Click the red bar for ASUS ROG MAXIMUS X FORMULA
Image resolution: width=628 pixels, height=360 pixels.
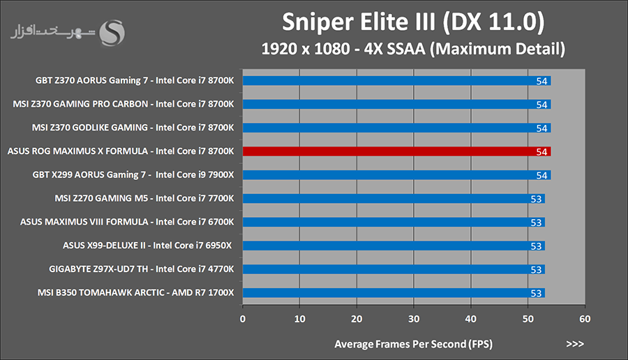coord(396,151)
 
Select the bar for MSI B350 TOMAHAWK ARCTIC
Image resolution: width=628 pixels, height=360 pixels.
coord(394,293)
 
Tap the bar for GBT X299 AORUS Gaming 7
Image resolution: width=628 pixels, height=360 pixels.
coord(396,175)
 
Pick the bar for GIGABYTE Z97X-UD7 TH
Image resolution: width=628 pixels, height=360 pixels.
coord(394,269)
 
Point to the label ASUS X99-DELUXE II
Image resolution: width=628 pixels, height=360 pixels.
coord(147,246)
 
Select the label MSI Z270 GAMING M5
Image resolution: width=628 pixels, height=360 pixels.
coord(144,199)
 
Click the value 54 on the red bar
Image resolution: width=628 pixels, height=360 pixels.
coord(541,151)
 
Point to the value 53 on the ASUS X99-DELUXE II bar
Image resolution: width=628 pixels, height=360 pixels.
coord(536,246)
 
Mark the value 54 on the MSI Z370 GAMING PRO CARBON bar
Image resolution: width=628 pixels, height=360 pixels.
coord(541,105)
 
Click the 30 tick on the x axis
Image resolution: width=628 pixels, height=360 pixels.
coord(414,319)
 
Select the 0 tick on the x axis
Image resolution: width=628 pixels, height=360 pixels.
coord(243,319)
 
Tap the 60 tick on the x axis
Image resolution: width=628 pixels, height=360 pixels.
coord(585,319)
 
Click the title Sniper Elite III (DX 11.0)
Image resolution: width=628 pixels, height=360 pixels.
coord(412,22)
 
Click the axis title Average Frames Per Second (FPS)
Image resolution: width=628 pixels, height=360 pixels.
coord(412,344)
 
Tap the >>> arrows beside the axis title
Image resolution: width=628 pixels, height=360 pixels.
coord(575,344)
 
